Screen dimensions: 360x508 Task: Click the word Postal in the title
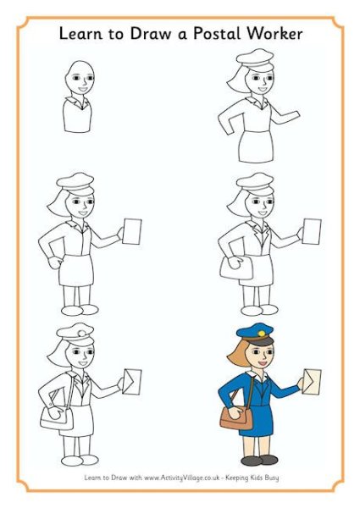[x=216, y=34]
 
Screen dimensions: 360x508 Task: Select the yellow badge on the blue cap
[x=261, y=333]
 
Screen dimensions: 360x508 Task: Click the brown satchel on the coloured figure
[x=236, y=417]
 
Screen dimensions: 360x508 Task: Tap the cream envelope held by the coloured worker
[x=312, y=381]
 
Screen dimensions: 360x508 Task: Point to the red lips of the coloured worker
[x=262, y=362]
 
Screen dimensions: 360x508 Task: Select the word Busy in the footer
[x=271, y=478]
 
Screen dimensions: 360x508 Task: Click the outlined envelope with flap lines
[x=131, y=381]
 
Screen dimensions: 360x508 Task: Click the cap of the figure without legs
[x=255, y=59]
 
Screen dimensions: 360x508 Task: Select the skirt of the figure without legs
[x=256, y=146]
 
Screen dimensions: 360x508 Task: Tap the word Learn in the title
[x=80, y=34]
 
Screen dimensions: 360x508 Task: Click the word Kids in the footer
[x=253, y=478]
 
